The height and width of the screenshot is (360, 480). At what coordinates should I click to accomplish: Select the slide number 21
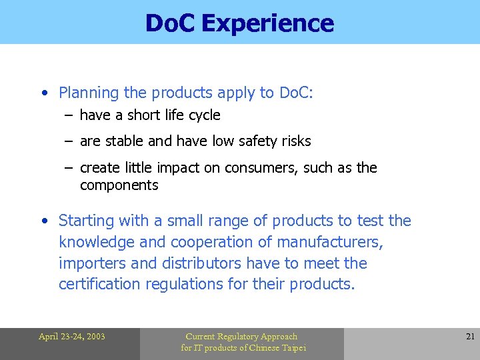coord(470,337)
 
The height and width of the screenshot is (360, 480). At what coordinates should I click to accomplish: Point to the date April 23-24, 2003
coord(71,337)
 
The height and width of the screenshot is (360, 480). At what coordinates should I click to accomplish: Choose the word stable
coord(123,141)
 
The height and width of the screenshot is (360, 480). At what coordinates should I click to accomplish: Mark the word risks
coord(293,141)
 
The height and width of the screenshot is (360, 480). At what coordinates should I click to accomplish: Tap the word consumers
coord(261,168)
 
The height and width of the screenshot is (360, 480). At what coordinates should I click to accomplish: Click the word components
coord(119,185)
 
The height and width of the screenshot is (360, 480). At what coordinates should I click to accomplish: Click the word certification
coord(100,285)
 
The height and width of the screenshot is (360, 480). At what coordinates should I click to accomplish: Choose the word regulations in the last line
coord(189,285)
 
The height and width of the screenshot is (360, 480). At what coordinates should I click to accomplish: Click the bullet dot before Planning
coord(43,93)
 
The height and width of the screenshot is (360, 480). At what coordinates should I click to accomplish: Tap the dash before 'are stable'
coord(69,141)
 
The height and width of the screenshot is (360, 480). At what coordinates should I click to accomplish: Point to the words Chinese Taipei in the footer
coord(276,348)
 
